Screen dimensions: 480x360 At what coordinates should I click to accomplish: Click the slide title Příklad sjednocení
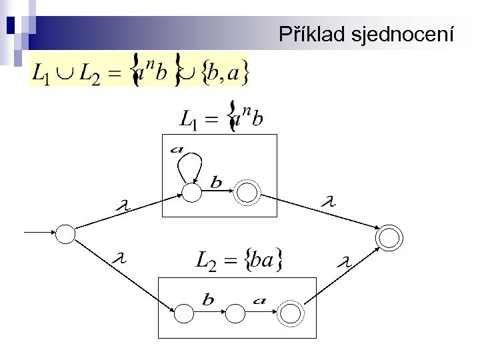point(367,34)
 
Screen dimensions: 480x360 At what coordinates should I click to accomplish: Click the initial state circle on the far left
point(65,233)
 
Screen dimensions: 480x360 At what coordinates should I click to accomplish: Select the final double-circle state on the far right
point(389,237)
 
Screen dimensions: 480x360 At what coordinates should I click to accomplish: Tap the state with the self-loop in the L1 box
point(192,192)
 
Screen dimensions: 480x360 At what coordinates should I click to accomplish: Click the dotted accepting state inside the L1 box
point(247,193)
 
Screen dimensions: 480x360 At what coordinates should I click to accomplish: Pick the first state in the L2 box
point(183,311)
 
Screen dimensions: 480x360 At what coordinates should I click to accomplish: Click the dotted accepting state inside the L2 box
point(290,311)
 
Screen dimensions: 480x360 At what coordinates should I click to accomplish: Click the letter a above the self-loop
point(177,149)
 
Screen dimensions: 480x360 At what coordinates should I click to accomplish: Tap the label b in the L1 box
point(216,181)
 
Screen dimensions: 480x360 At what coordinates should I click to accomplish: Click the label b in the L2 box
point(208,300)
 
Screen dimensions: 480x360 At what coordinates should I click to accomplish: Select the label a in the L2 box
point(261,300)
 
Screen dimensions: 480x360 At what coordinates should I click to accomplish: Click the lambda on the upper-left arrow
point(121,209)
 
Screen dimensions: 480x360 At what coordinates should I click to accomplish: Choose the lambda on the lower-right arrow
point(345,262)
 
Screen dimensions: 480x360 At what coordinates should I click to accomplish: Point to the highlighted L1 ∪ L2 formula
point(139,70)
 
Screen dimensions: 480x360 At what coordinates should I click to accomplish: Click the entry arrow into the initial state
point(40,233)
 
